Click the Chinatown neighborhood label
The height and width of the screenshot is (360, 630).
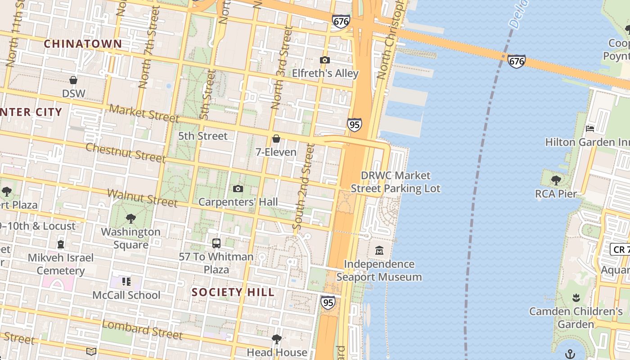coord(83,44)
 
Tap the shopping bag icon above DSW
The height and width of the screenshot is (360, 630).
coord(73,80)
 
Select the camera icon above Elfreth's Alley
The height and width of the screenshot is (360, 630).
coord(324,60)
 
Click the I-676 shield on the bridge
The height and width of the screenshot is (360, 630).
coord(516,61)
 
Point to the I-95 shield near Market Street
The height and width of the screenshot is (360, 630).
coord(354,125)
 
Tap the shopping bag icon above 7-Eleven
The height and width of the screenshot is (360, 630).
coord(276,139)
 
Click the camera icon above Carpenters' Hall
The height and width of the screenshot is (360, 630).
coord(238,189)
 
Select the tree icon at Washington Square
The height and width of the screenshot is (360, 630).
coord(131,219)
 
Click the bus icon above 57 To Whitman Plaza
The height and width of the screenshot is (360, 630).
coord(216,243)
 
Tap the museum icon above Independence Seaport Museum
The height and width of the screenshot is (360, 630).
coord(379,250)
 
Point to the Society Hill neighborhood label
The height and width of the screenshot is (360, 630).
coord(233,292)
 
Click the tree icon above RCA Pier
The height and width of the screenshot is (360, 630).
coord(556,180)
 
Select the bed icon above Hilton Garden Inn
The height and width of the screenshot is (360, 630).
coord(590,129)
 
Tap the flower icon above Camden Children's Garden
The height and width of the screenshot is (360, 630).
coord(576,298)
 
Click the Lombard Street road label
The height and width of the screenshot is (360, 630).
coord(142,329)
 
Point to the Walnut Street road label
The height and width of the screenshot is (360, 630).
coord(143,198)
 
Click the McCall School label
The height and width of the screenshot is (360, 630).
coord(126,295)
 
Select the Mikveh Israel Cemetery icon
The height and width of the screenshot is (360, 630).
coord(61,244)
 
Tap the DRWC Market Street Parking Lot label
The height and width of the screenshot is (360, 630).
coord(396,182)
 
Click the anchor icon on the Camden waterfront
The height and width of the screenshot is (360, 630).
coord(570,353)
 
